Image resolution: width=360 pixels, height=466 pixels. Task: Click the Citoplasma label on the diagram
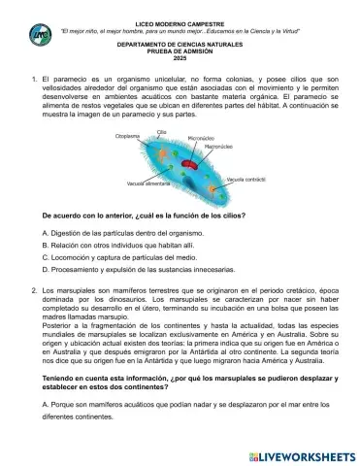pyautogui.click(x=128, y=137)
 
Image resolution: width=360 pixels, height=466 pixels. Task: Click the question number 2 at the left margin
pyautogui.click(x=34, y=290)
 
